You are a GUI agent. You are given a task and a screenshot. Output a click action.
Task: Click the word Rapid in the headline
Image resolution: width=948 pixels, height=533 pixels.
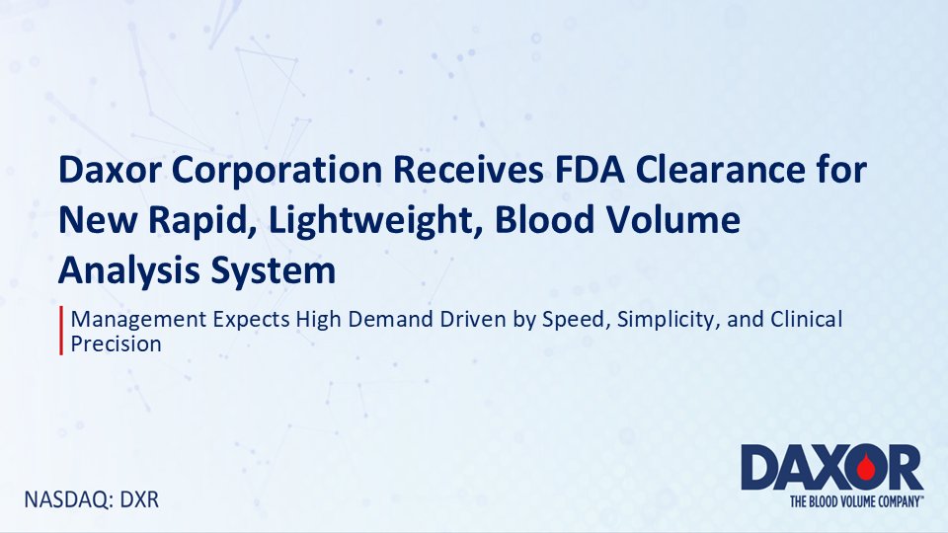click(x=193, y=221)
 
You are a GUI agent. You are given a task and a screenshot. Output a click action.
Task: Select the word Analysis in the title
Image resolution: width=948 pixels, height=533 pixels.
click(x=121, y=270)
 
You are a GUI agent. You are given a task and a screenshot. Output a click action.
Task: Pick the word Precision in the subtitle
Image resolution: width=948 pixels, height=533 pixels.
click(x=116, y=345)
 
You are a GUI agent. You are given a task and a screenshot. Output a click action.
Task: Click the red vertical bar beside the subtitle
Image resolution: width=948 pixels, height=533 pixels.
click(x=62, y=332)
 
